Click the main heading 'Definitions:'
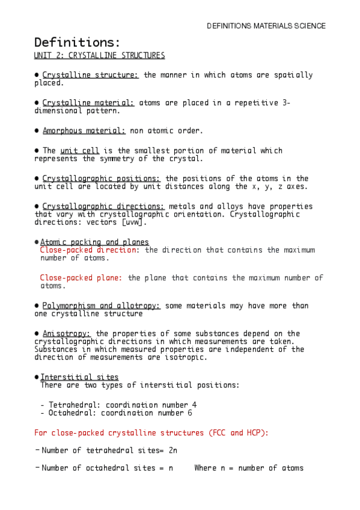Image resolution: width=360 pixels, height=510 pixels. [78, 43]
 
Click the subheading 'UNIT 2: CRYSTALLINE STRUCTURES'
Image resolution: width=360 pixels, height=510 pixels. [99, 55]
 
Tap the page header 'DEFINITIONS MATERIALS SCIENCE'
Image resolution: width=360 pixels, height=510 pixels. [266, 26]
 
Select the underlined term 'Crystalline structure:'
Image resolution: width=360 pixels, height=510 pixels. [91, 75]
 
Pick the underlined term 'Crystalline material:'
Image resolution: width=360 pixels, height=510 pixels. [88, 103]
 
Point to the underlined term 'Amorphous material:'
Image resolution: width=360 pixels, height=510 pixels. [84, 131]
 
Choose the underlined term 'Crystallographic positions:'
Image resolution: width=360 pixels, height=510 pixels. [102, 179]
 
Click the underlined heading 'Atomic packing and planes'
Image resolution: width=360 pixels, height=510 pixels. [94, 242]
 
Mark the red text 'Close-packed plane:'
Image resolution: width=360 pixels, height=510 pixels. [81, 278]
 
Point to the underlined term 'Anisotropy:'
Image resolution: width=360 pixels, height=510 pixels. [67, 333]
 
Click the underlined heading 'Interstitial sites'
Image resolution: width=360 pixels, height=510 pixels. [79, 377]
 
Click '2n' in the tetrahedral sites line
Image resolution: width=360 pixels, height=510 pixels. [172, 450]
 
